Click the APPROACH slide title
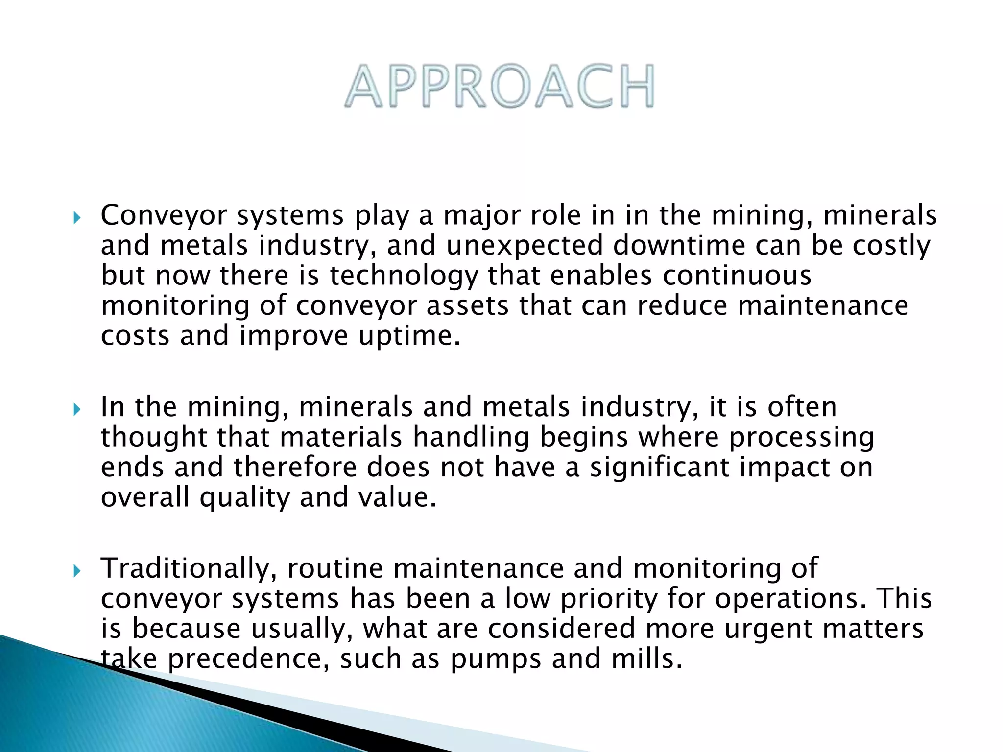pyautogui.click(x=500, y=86)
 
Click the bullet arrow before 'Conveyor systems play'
pyautogui.click(x=76, y=217)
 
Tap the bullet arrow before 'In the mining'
pyautogui.click(x=76, y=409)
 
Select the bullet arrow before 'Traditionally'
pyautogui.click(x=76, y=570)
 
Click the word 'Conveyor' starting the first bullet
pyautogui.click(x=164, y=215)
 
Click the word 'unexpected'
pyautogui.click(x=524, y=246)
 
